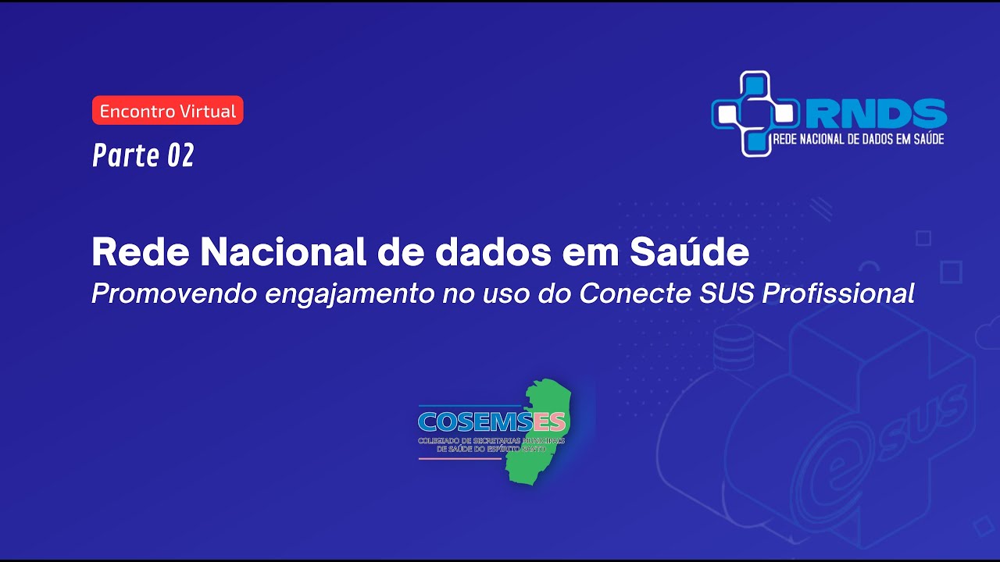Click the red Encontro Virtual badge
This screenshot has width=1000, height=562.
pyautogui.click(x=168, y=111)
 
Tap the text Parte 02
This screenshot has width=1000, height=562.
pyautogui.click(x=143, y=155)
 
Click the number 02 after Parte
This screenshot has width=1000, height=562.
pyautogui.click(x=180, y=155)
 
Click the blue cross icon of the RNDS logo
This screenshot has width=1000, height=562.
pyautogui.click(x=754, y=114)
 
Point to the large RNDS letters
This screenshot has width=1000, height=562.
pyautogui.click(x=876, y=114)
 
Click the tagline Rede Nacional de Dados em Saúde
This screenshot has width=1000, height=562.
pyautogui.click(x=857, y=139)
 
